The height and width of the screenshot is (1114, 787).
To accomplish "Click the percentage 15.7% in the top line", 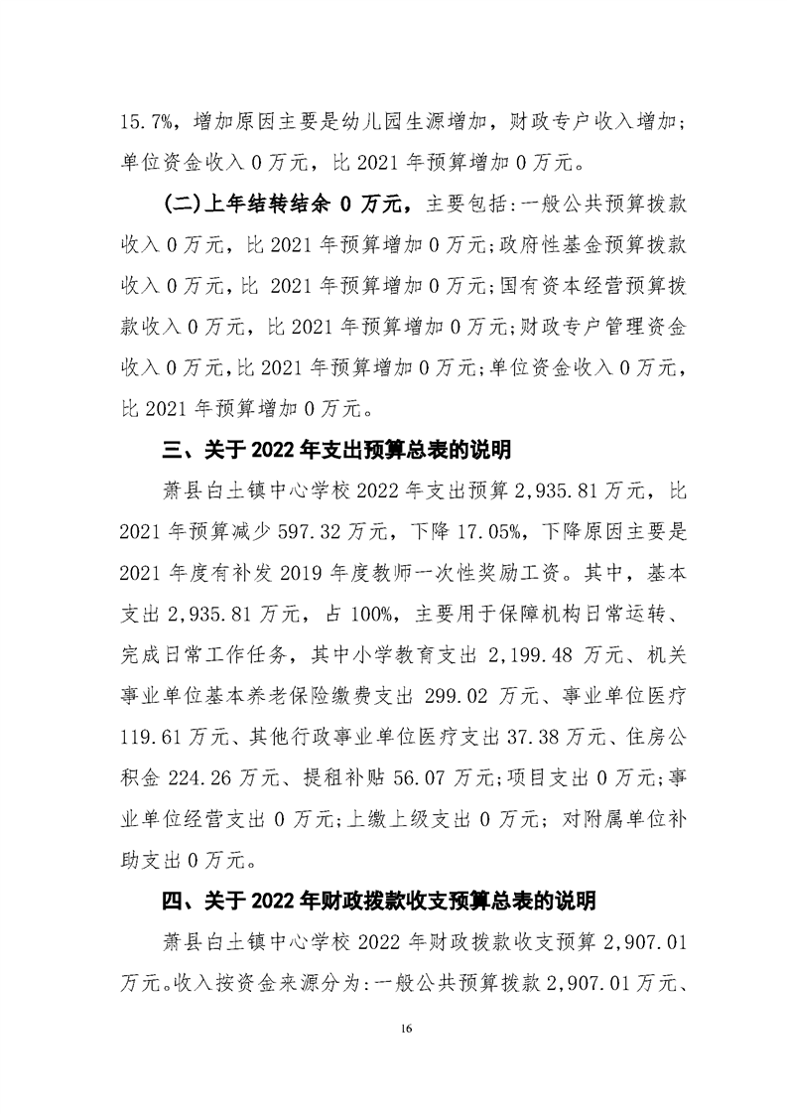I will click(142, 121).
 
